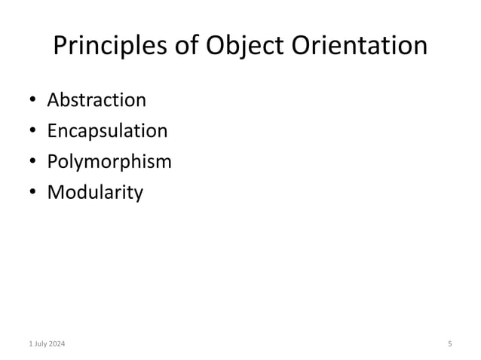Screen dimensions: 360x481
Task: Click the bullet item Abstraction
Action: click(x=97, y=100)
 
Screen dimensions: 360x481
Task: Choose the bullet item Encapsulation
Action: click(x=107, y=132)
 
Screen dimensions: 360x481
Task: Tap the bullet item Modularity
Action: click(x=95, y=193)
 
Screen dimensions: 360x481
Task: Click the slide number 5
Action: click(x=449, y=344)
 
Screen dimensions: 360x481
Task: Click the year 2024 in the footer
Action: click(x=56, y=344)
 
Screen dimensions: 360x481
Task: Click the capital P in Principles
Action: click(x=62, y=47)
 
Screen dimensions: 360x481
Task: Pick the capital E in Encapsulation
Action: click(x=52, y=131)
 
